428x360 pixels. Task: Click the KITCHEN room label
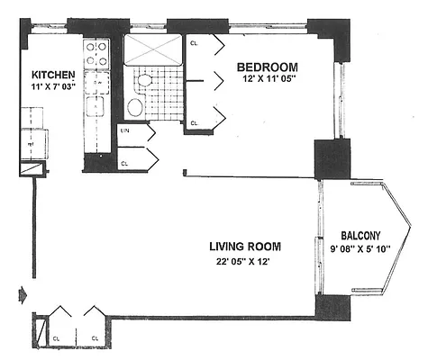point(52,74)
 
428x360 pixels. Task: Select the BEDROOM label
point(267,67)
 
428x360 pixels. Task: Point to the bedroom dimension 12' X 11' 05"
point(267,80)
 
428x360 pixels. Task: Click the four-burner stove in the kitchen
point(96,51)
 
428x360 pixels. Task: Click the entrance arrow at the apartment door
point(22,293)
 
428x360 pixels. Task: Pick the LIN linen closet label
point(125,131)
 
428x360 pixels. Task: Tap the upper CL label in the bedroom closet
point(195,41)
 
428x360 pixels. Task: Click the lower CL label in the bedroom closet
point(195,123)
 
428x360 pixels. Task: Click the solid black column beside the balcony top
point(330,160)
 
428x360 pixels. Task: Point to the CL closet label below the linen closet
point(125,163)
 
